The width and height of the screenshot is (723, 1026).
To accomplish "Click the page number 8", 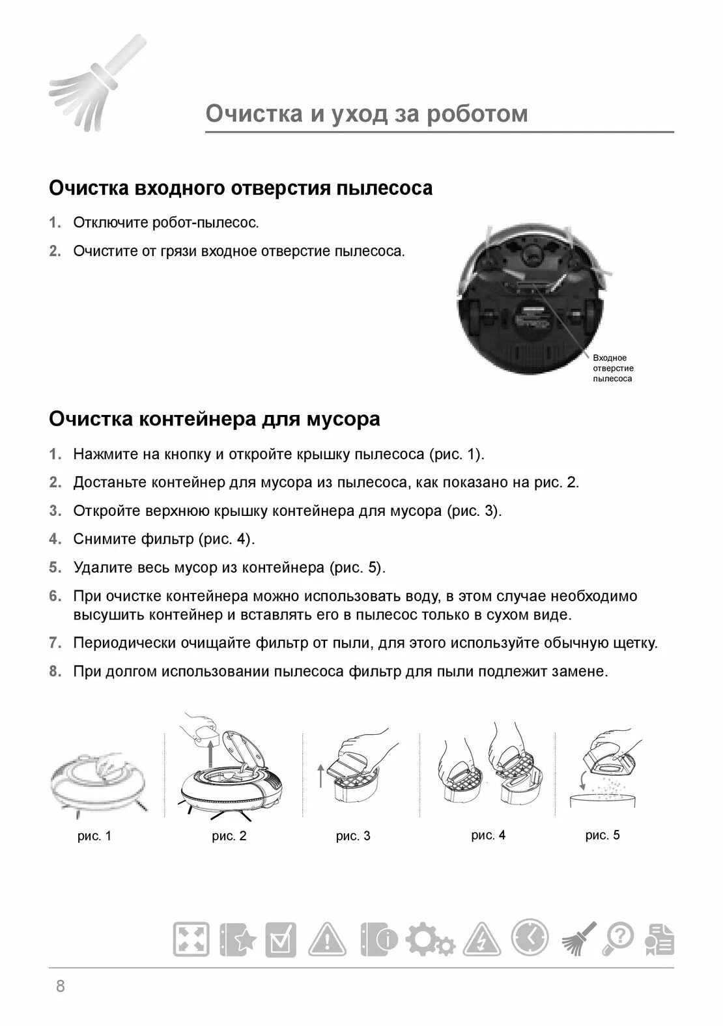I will [x=61, y=986].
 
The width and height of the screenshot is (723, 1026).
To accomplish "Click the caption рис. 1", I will [x=94, y=836].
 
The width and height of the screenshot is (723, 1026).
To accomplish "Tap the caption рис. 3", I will [x=353, y=836].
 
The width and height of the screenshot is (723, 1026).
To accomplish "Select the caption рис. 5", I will [x=602, y=834].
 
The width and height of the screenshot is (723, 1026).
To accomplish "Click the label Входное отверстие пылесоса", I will [x=613, y=368].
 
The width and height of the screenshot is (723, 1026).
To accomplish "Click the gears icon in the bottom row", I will [x=430, y=940].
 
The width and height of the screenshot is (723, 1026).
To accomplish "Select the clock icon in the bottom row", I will [x=530, y=938].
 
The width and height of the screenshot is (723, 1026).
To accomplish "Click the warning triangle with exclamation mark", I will [x=327, y=940].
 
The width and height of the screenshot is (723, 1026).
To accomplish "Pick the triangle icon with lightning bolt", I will [x=483, y=940].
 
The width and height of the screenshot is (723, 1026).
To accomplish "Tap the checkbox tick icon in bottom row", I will [x=280, y=940].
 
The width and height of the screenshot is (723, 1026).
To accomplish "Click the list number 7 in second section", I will [x=55, y=643].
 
